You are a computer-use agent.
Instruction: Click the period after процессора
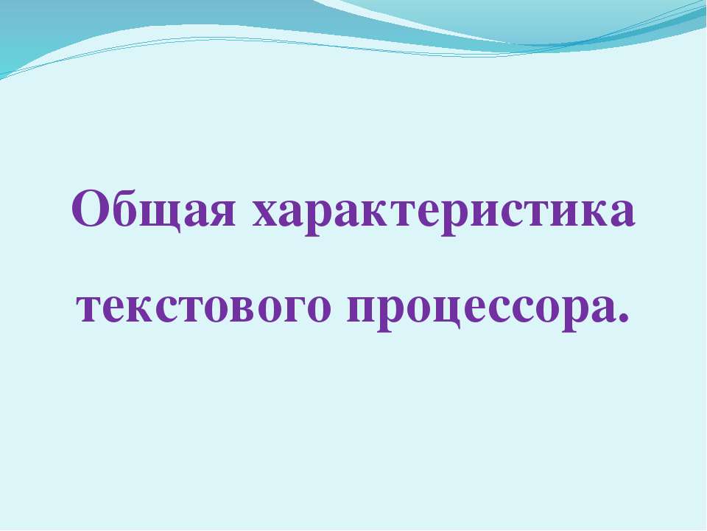coord(625,319)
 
